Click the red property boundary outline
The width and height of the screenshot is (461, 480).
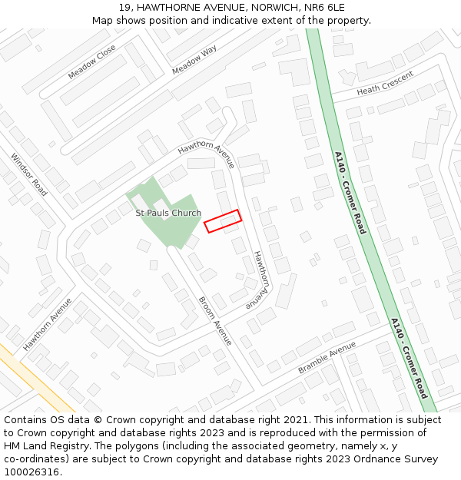coord(223,221)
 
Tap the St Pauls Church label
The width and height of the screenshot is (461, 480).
coord(168,213)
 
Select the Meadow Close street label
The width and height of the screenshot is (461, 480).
coord(91,61)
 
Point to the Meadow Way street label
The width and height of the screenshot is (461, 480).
coord(194,60)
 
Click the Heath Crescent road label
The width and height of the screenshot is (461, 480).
coord(385,83)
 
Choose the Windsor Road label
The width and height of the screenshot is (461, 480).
coord(29,174)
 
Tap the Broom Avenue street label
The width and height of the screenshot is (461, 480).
coord(215,321)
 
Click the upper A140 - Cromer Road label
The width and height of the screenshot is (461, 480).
coord(350,193)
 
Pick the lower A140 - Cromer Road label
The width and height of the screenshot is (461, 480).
coord(408,358)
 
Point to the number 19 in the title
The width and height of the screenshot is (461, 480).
coord(124,7)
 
